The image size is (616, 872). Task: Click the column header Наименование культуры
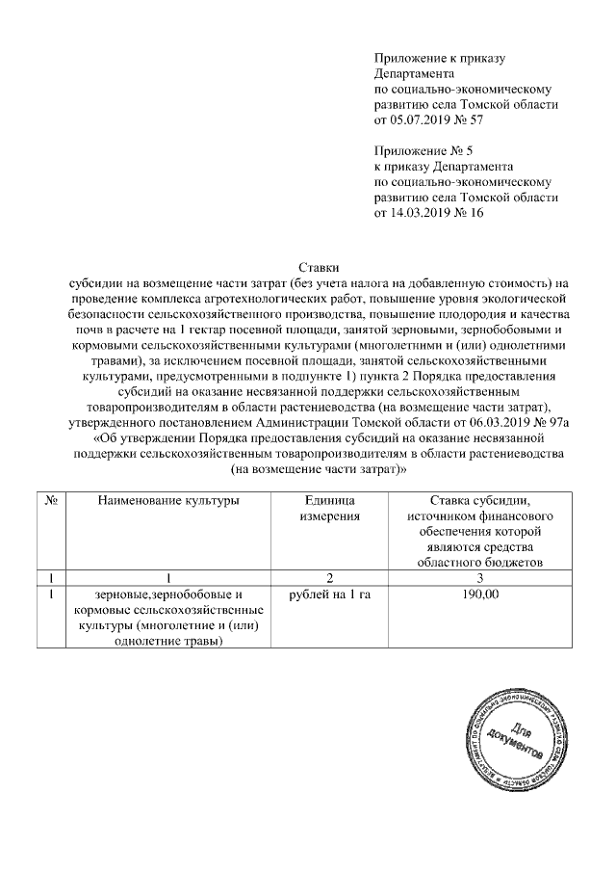pos(167,501)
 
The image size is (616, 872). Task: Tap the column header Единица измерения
pos(328,509)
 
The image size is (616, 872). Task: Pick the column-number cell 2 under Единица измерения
pos(328,578)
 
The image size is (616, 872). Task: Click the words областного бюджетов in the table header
pos(481,563)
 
